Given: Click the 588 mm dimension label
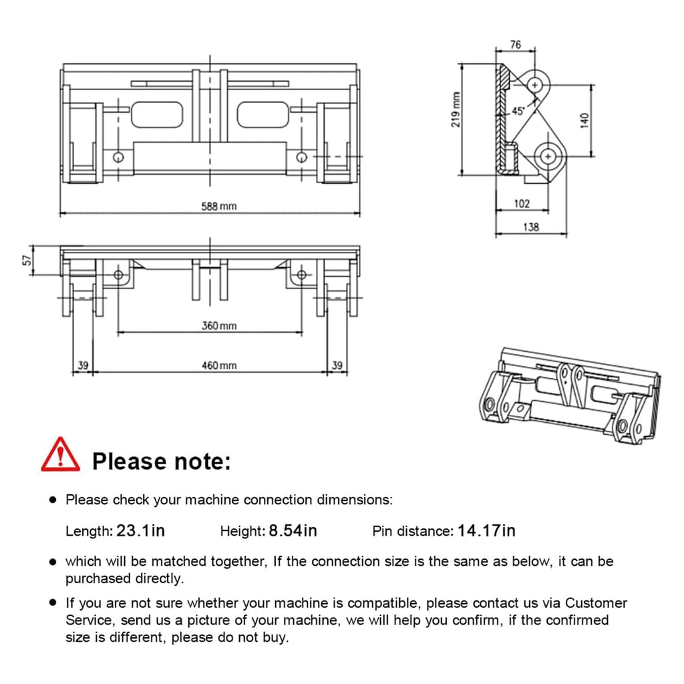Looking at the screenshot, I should [x=219, y=206].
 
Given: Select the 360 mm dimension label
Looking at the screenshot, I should [x=219, y=326].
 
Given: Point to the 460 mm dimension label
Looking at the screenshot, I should [x=219, y=365].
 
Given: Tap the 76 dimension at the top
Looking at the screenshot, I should [x=515, y=45].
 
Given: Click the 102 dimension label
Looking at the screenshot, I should [x=522, y=204].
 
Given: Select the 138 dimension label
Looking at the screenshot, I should [x=530, y=227].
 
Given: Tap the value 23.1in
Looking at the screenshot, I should [x=140, y=531].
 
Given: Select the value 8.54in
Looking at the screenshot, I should [x=293, y=531].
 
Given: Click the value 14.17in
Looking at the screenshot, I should [x=486, y=531].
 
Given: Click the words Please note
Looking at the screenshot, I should [x=161, y=461].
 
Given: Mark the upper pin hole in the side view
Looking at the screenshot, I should [x=535, y=85].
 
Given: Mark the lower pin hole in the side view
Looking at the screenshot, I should [x=548, y=156].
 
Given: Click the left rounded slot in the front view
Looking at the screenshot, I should [x=157, y=114].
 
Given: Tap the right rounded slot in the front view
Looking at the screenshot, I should [x=263, y=114].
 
